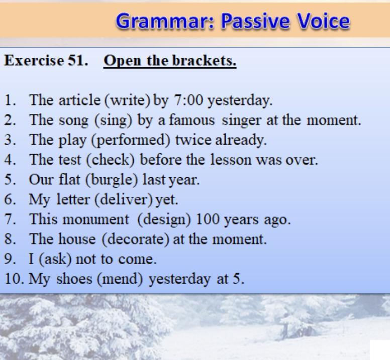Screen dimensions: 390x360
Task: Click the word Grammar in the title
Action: point(165,21)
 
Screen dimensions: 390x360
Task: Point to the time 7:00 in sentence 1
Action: point(188,100)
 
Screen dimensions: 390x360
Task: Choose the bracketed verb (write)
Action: point(128,100)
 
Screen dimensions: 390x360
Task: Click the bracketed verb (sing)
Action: point(113,120)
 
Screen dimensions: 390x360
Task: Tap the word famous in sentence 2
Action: point(192,120)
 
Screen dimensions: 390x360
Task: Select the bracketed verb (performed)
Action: point(131,140)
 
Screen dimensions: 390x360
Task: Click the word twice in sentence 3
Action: point(193,140)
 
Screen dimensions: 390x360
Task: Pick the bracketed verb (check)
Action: point(110,160)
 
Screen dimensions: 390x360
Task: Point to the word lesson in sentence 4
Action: point(231,160)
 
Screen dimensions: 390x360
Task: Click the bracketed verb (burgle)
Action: point(112,180)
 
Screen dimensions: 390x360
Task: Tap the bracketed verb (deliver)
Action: point(123,199)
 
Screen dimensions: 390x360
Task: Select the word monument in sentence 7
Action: point(96,219)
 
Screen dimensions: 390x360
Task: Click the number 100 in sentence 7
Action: point(207,219)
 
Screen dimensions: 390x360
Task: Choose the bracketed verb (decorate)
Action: point(136,239)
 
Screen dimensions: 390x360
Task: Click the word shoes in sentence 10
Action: point(74,279)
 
